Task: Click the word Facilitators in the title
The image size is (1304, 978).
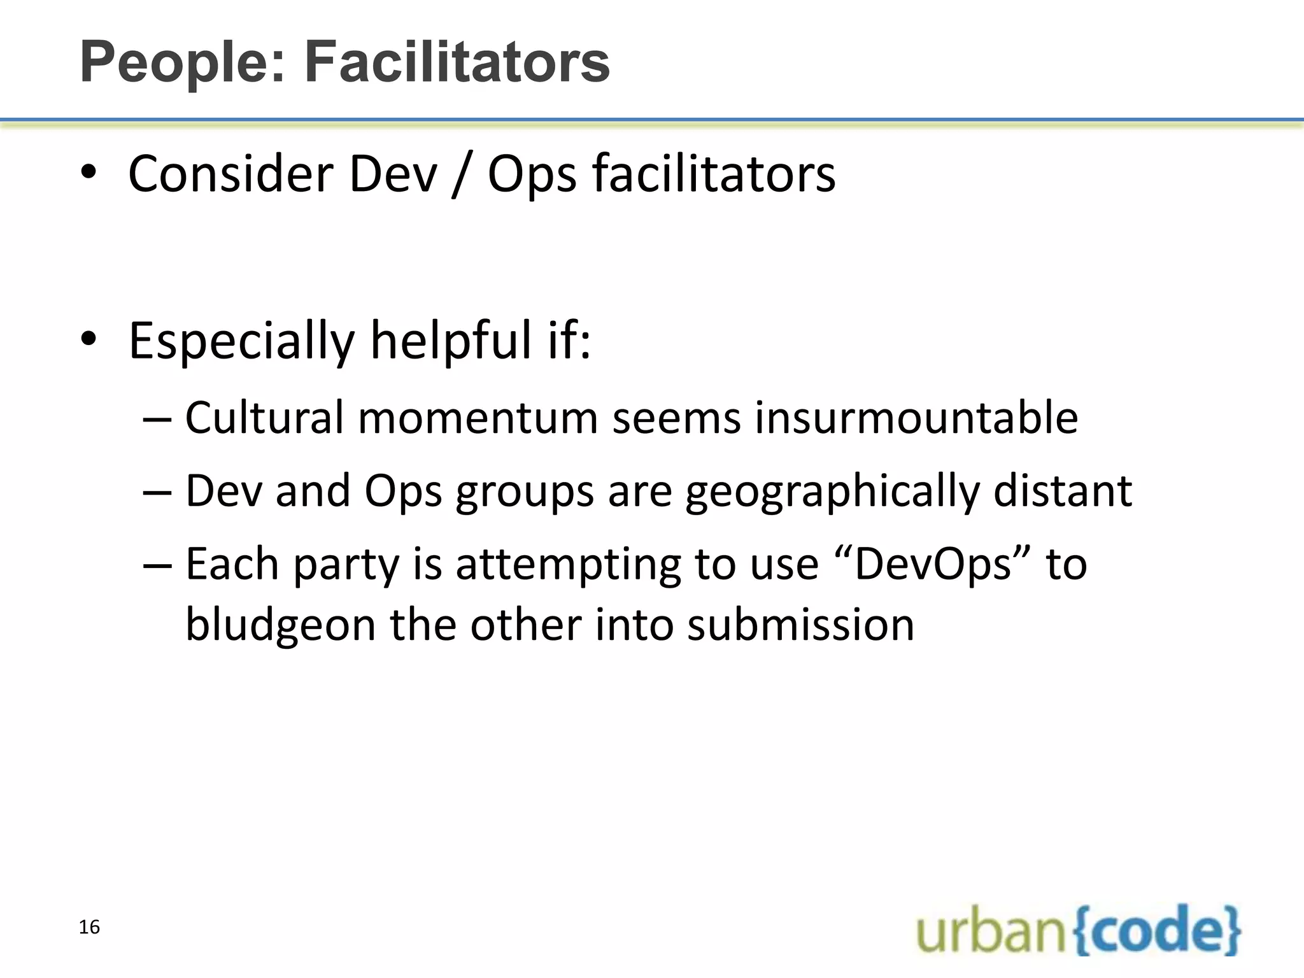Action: (457, 62)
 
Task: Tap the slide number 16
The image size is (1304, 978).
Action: (89, 927)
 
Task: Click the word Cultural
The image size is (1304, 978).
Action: (264, 418)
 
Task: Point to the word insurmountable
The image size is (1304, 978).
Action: (916, 418)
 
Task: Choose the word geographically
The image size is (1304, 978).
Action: (832, 492)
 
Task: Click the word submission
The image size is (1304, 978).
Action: (800, 624)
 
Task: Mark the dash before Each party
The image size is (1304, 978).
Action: (157, 565)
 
